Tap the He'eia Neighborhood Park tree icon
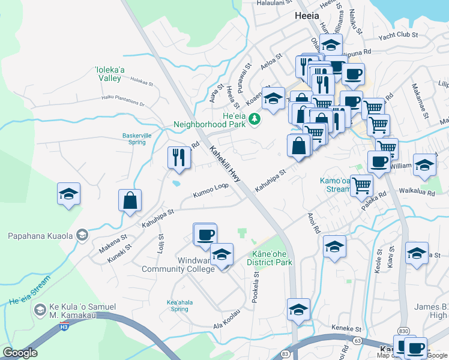pyautogui.click(x=255, y=119)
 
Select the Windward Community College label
pyautogui.click(x=178, y=265)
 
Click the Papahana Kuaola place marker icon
pyautogui.click(x=83, y=235)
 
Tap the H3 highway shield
pyautogui.click(x=64, y=328)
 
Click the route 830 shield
pyautogui.click(x=403, y=331)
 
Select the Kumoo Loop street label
pyautogui.click(x=211, y=191)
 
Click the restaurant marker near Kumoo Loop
pyautogui.click(x=179, y=157)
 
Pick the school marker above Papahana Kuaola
pyautogui.click(x=69, y=194)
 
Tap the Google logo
pyautogui.click(x=20, y=353)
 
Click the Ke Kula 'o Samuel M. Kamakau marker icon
pyautogui.click(x=40, y=310)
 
